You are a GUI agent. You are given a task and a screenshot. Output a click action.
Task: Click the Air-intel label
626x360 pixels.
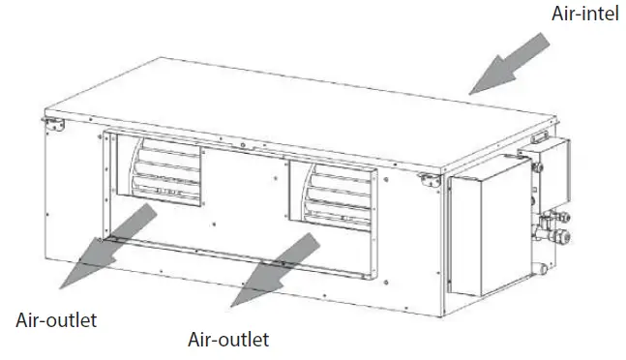pyautogui.click(x=583, y=15)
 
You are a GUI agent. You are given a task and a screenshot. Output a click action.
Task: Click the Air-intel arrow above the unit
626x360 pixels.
pyautogui.click(x=514, y=60)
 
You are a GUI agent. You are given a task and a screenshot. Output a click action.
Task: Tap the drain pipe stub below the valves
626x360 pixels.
pyautogui.click(x=542, y=254)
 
